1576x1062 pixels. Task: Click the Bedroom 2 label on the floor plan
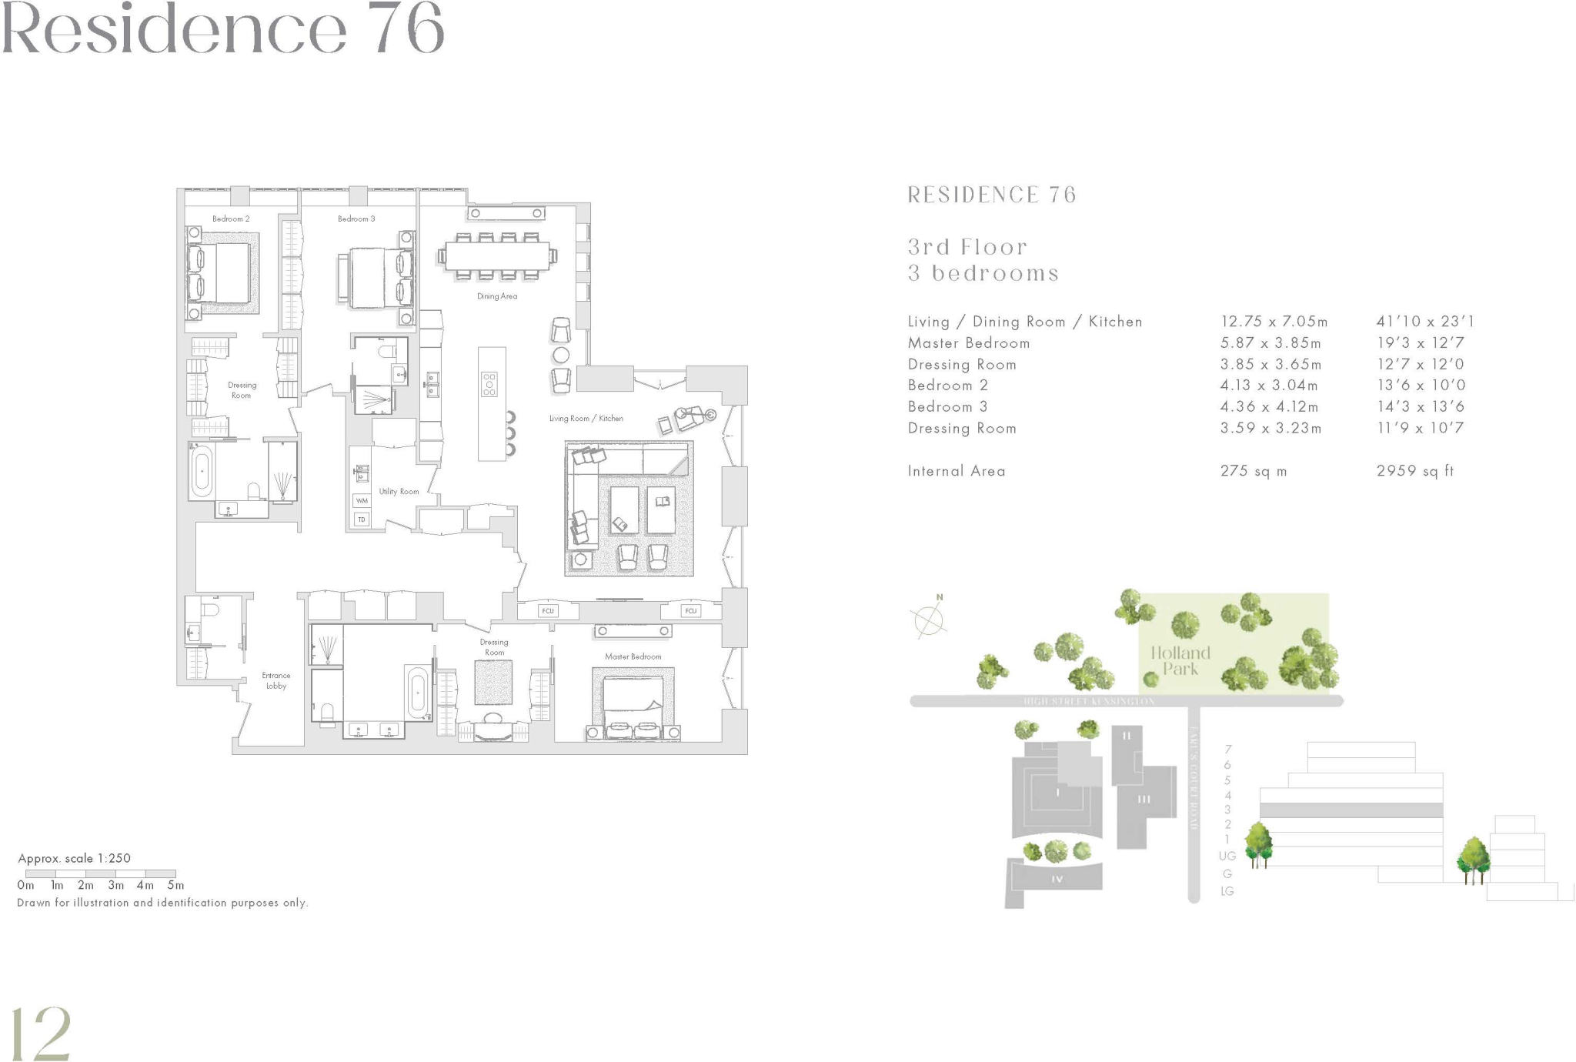click(231, 219)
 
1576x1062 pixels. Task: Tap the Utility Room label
click(399, 491)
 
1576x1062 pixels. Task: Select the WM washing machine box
click(362, 501)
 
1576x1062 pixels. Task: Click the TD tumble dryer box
click(362, 520)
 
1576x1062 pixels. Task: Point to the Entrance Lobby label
click(276, 680)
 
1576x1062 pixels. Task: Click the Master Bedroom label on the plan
click(633, 656)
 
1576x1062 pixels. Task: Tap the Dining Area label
click(497, 296)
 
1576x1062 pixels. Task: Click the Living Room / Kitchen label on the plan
click(586, 419)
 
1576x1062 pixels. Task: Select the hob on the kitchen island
click(489, 384)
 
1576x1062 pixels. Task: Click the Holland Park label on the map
click(1180, 661)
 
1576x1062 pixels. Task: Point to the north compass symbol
click(930, 617)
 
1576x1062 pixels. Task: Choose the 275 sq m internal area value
click(1253, 471)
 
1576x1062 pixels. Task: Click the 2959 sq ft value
click(1414, 471)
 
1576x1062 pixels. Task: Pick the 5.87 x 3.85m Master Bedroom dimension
click(1270, 343)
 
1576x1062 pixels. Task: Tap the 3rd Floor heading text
click(967, 247)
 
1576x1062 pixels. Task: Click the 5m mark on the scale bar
click(175, 886)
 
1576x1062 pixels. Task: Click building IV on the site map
click(1057, 878)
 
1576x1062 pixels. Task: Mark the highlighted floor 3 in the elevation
click(1351, 810)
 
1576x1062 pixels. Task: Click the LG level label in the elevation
click(1227, 891)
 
